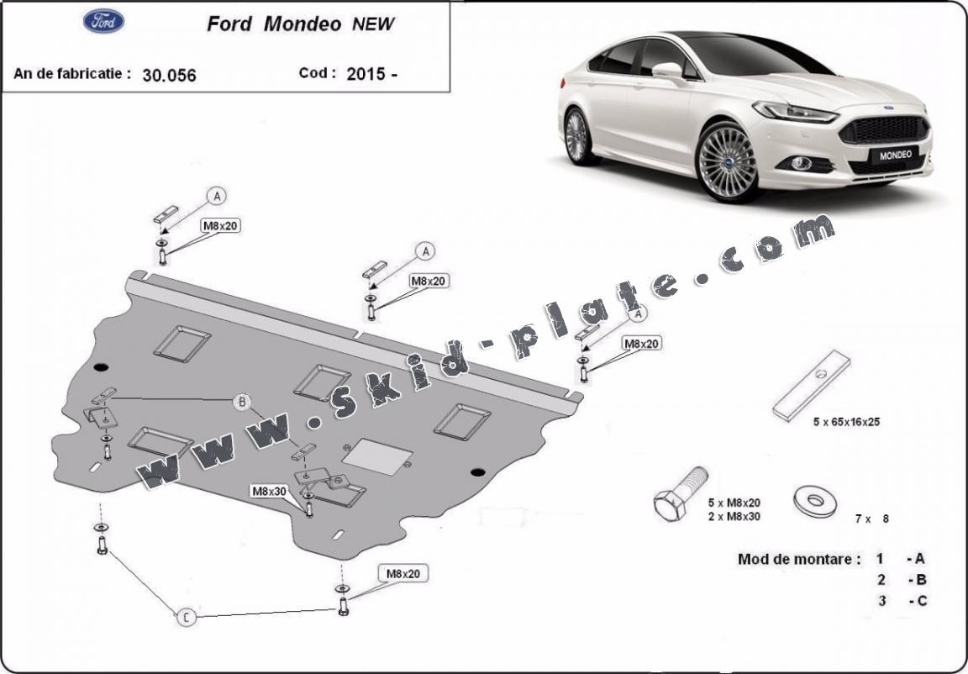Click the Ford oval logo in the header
coord(103,22)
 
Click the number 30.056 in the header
coord(169,75)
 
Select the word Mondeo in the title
coord(302,24)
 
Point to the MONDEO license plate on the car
coord(893,155)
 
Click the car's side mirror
coord(668,70)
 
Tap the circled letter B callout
coord(242,403)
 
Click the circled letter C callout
coord(187,618)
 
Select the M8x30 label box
coord(268,490)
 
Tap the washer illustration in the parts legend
coord(814,502)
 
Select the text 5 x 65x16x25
coord(846,422)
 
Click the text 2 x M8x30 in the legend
coord(734,516)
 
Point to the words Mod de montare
coord(798,559)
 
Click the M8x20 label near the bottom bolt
coord(403,574)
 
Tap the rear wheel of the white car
coord(576,137)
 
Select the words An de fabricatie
coord(72,73)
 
